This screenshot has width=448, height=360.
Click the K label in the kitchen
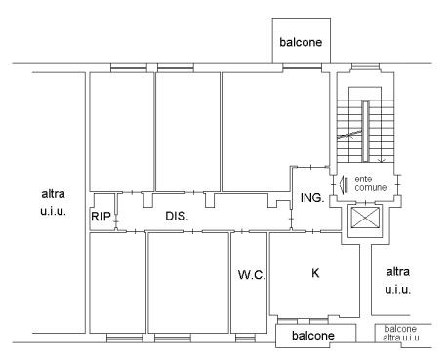pyautogui.click(x=315, y=273)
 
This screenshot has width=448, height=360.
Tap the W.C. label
pyautogui.click(x=252, y=275)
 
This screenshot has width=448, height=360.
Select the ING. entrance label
pyautogui.click(x=312, y=197)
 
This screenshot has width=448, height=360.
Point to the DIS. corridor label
pyautogui.click(x=177, y=216)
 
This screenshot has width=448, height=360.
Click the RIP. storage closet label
pyautogui.click(x=102, y=217)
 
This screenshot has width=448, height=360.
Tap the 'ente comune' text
pyautogui.click(x=370, y=183)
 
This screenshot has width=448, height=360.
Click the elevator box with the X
pyautogui.click(x=366, y=218)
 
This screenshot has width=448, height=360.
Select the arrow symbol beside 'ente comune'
pyautogui.click(x=344, y=184)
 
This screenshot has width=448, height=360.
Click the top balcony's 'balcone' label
pyautogui.click(x=301, y=42)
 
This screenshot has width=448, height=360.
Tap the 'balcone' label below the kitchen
pyautogui.click(x=313, y=336)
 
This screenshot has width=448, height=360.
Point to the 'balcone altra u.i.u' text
pyautogui.click(x=400, y=333)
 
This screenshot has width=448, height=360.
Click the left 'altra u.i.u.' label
pyautogui.click(x=53, y=202)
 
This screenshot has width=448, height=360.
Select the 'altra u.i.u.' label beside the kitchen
pyautogui.click(x=397, y=280)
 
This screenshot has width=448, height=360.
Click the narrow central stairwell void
pyautogui.click(x=365, y=131)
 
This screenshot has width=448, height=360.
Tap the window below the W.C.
pyautogui.click(x=245, y=339)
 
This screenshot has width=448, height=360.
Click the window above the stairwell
pyautogui.click(x=366, y=67)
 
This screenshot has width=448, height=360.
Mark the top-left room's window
pyautogui.click(x=129, y=67)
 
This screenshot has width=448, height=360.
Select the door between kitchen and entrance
pyautogui.click(x=313, y=231)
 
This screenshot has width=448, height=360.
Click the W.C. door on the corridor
pyautogui.click(x=242, y=231)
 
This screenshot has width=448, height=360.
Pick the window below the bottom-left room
pyautogui.click(x=125, y=339)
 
